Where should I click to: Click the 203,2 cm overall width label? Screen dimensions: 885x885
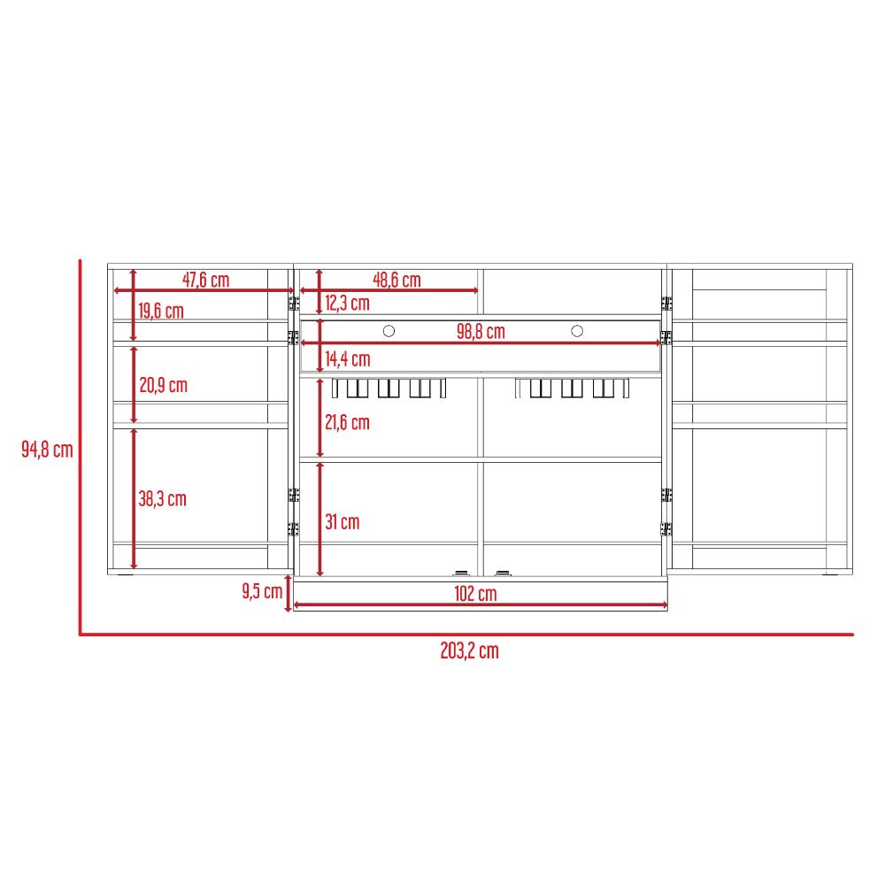click(470, 650)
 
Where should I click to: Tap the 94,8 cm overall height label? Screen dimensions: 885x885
click(48, 450)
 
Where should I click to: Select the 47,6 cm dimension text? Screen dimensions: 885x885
click(205, 280)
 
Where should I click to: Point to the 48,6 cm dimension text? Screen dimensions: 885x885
click(396, 280)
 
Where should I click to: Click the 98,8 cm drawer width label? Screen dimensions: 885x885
click(481, 331)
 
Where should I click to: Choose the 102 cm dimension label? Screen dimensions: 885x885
click(475, 594)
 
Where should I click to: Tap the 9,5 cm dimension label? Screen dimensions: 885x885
click(263, 591)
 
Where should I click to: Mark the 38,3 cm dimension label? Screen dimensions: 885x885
click(163, 499)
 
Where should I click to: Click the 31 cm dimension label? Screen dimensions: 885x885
click(342, 522)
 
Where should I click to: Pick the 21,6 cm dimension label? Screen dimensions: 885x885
click(347, 422)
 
